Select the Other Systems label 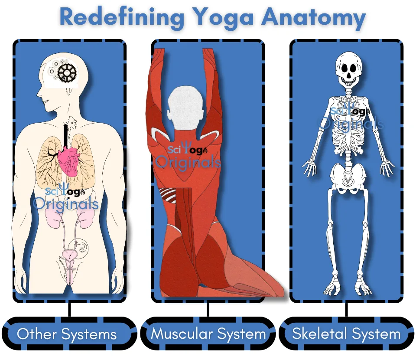(x=67, y=334)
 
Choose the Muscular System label (x=208, y=334)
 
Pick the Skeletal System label (x=347, y=334)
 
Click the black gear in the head (x=67, y=72)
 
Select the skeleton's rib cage (x=348, y=128)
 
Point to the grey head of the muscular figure (x=186, y=108)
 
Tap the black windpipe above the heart (x=65, y=135)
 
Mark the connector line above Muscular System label (x=208, y=310)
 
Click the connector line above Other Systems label (x=69, y=310)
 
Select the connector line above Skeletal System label (x=347, y=310)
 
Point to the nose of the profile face (x=39, y=93)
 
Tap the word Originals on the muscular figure (x=188, y=162)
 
